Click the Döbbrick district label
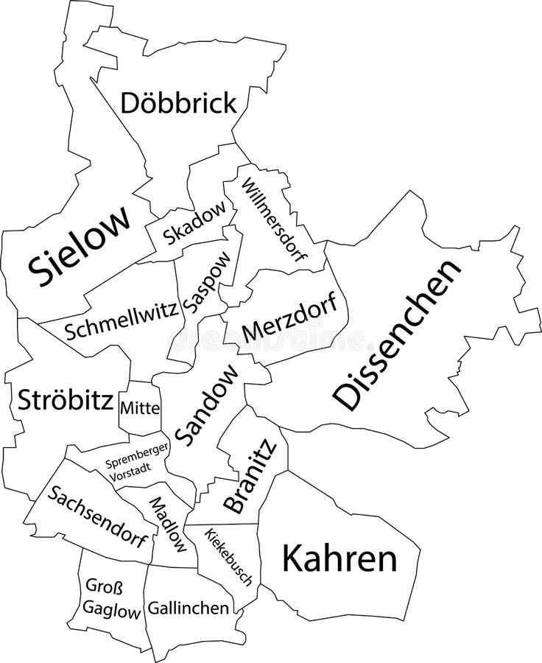[x=178, y=103]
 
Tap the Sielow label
[x=80, y=246]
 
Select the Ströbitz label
[x=65, y=400]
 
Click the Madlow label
[x=169, y=525]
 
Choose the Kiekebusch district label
[x=228, y=557]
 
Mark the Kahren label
[x=339, y=559]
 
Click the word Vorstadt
[x=127, y=476]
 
